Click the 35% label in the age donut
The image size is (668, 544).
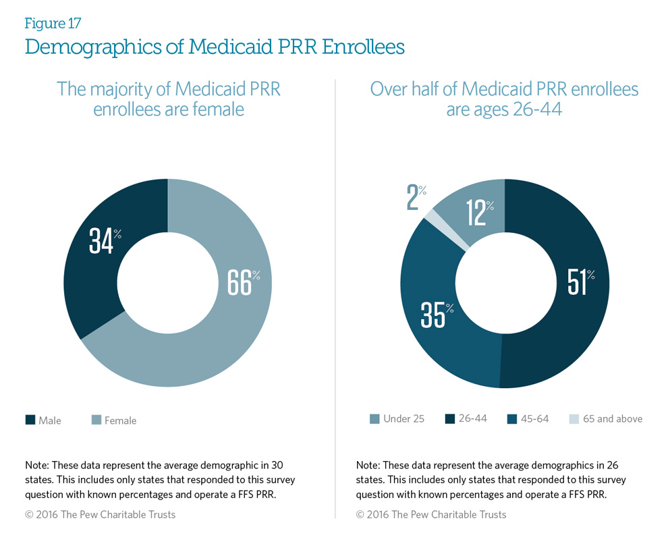(x=437, y=315)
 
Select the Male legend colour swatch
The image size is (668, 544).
(x=30, y=420)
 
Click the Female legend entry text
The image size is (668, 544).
(x=120, y=420)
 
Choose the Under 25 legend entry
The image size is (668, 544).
(x=403, y=418)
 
